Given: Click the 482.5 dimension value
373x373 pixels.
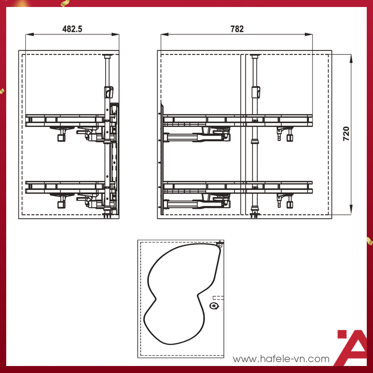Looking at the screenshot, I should (72, 29).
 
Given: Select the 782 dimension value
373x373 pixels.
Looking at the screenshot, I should (237, 29).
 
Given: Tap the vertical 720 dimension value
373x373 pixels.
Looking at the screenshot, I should (346, 133).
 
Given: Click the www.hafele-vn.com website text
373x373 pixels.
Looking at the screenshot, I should (281, 359).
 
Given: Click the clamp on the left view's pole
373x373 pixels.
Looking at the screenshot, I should (108, 92).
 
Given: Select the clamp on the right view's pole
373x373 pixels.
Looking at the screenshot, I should (255, 92).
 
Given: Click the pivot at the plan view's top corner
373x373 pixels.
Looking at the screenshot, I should (220, 245).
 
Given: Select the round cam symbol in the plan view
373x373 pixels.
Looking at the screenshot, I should (213, 306).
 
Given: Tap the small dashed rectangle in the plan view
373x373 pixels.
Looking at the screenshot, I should (219, 298).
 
